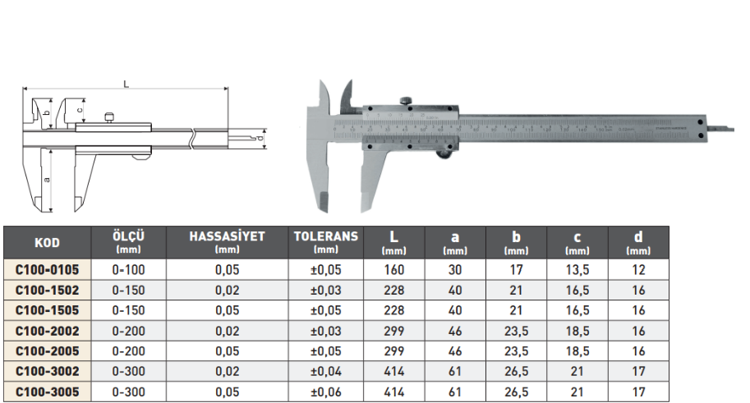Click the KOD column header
coord(47,242)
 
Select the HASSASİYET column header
coord(227,241)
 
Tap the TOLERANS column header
coord(326,241)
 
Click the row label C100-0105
coord(47,269)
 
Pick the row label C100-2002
coord(47,331)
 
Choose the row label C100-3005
coord(47,392)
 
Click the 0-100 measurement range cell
coord(128,269)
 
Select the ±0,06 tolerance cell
coord(326,392)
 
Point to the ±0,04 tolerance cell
coord(326,372)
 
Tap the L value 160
coord(393,269)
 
